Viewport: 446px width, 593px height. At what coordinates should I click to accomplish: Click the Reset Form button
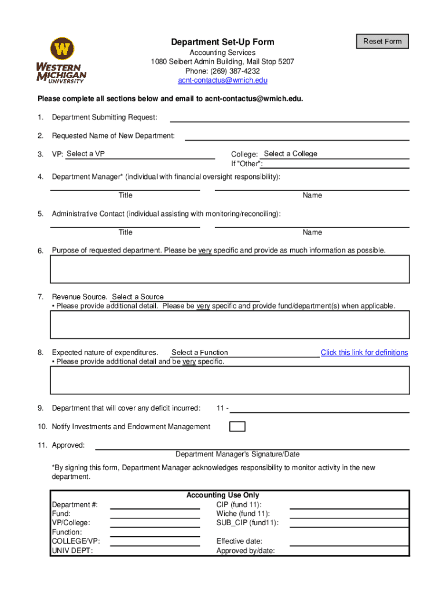pyautogui.click(x=382, y=41)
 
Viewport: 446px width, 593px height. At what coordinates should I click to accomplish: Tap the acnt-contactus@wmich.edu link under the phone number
pyautogui.click(x=222, y=80)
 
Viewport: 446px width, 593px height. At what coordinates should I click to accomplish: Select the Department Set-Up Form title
pyautogui.click(x=222, y=42)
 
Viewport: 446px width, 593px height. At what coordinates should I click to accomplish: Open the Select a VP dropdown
pyautogui.click(x=139, y=154)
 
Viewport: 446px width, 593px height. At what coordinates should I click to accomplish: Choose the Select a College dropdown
pyautogui.click(x=335, y=154)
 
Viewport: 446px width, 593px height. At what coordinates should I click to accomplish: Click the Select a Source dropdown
pyautogui.click(x=184, y=297)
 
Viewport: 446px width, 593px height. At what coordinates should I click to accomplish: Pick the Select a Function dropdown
pyautogui.click(x=243, y=353)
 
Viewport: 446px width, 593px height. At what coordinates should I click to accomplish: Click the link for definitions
pyautogui.click(x=364, y=353)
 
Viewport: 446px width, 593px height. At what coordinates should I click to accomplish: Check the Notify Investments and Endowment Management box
pyautogui.click(x=237, y=427)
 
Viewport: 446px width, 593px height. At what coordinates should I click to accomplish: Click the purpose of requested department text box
pyautogui.click(x=230, y=269)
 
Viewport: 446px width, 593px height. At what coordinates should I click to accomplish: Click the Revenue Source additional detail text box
pyautogui.click(x=230, y=324)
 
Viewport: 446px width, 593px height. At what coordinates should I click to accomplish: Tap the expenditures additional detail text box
pyautogui.click(x=230, y=380)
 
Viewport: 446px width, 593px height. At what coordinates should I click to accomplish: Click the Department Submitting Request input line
pyautogui.click(x=289, y=118)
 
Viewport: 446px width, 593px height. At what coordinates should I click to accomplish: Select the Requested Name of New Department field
pyautogui.click(x=297, y=136)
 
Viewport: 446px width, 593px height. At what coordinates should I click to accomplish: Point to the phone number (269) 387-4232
pyautogui.click(x=222, y=71)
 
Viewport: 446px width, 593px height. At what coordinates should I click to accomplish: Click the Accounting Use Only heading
pyautogui.click(x=222, y=495)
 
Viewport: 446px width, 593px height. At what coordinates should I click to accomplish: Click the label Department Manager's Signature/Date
pyautogui.click(x=237, y=455)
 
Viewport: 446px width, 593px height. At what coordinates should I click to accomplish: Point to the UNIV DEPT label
pyautogui.click(x=72, y=551)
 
